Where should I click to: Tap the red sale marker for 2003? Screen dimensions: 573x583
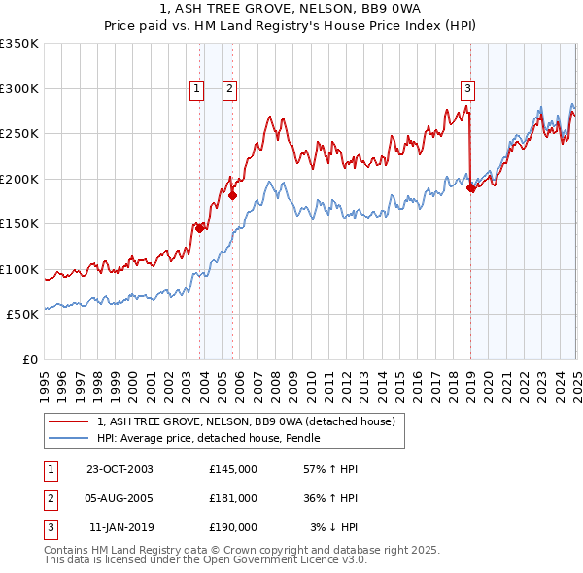coord(199,228)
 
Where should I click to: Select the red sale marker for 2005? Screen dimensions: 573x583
coord(232,195)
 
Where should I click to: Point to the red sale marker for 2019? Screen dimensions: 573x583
coord(470,187)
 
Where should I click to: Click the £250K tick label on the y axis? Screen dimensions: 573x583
coord(19,134)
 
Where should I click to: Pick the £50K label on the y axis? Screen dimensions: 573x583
coord(22,315)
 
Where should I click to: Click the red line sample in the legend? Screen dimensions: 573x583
coord(69,422)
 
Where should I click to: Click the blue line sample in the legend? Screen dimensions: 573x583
coord(69,439)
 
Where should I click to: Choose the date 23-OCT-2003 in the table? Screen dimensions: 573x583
coord(120,469)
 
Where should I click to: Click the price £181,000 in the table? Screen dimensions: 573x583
coord(233,498)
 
